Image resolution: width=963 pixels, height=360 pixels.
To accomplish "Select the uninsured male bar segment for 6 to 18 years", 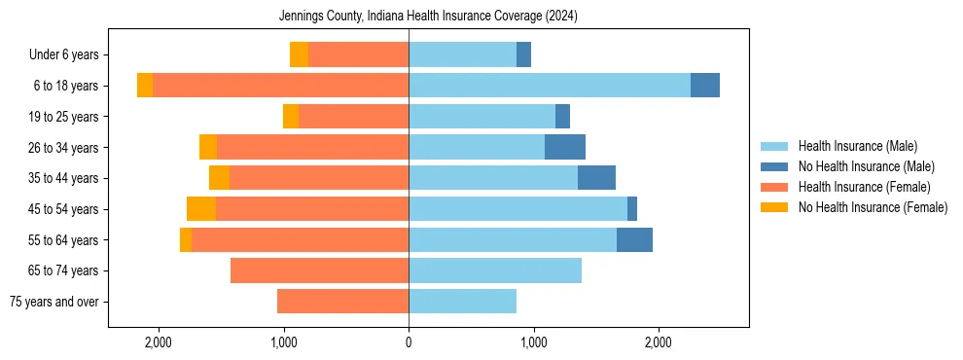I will (705, 86).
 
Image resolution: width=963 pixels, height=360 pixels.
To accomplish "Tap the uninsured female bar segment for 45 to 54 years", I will (201, 209).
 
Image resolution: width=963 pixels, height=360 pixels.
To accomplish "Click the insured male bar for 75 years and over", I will (462, 302).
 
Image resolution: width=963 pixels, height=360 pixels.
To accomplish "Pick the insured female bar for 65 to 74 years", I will (319, 270).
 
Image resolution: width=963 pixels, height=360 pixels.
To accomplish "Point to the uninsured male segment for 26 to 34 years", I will (565, 148).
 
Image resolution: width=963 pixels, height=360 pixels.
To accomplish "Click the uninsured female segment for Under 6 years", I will (299, 55).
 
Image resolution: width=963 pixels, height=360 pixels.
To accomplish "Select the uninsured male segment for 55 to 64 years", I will (634, 240).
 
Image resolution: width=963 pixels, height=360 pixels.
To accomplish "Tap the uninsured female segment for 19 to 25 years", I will (291, 117).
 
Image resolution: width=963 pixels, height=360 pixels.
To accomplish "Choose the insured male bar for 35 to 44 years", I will (493, 178).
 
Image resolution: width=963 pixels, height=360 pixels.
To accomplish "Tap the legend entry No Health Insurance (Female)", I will (872, 207).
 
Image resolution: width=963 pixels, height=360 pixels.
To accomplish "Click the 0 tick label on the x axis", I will (409, 342).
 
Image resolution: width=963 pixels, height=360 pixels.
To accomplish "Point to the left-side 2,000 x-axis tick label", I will (159, 342).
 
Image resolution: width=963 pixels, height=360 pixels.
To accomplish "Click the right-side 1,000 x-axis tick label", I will (533, 342).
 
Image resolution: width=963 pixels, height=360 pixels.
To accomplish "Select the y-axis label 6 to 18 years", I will (66, 86).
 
